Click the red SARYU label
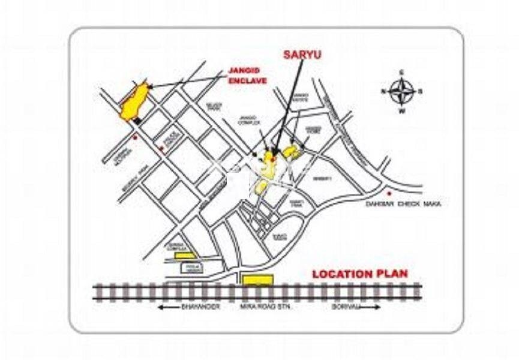(x=302, y=55)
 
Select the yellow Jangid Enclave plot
(x=134, y=102)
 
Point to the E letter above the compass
(x=401, y=73)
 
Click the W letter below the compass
(x=401, y=112)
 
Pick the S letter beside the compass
(x=421, y=92)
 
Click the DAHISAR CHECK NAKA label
(x=403, y=204)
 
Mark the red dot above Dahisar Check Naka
(x=389, y=193)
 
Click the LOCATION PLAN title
(x=359, y=274)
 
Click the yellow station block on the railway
(x=257, y=280)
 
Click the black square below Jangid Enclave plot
(x=138, y=121)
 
